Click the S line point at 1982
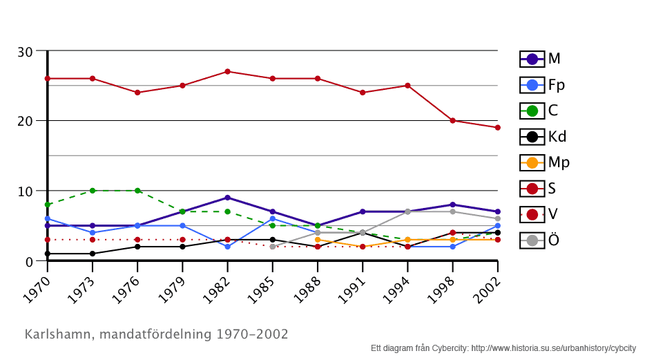pyautogui.click(x=227, y=72)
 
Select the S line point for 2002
pyautogui.click(x=497, y=128)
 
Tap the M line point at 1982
pyautogui.click(x=227, y=198)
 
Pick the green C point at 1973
pyautogui.click(x=93, y=191)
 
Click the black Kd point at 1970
pyautogui.click(x=48, y=254)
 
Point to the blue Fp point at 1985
pyautogui.click(x=273, y=219)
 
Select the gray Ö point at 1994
pyautogui.click(x=407, y=211)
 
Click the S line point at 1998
pyautogui.click(x=452, y=121)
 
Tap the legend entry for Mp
pyautogui.click(x=545, y=162)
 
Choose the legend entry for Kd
pyautogui.click(x=545, y=137)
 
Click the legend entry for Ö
pyautogui.click(x=545, y=240)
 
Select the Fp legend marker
pyautogui.click(x=532, y=85)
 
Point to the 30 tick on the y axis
pyautogui.click(x=25, y=52)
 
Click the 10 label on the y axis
pyautogui.click(x=25, y=191)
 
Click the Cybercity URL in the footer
pyautogui.click(x=553, y=348)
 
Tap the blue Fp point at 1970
pyautogui.click(x=48, y=219)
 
